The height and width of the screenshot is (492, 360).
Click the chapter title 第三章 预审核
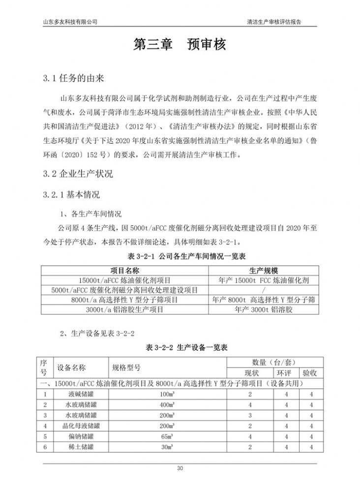click(x=180, y=45)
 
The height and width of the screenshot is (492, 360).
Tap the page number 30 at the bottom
click(x=180, y=468)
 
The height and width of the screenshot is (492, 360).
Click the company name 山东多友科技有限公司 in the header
click(x=70, y=22)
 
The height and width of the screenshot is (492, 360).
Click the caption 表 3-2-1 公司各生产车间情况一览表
click(x=180, y=257)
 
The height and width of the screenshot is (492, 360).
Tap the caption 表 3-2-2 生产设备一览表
click(x=180, y=348)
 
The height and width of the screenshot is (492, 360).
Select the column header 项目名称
click(x=125, y=271)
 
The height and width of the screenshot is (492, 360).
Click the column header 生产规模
click(x=264, y=271)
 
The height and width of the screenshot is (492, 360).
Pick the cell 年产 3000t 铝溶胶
click(x=264, y=310)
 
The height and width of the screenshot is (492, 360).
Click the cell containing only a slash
click(x=264, y=290)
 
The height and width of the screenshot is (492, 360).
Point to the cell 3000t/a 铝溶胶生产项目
click(x=125, y=310)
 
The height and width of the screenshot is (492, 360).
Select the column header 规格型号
click(x=127, y=368)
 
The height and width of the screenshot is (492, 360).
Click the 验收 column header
click(x=310, y=373)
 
